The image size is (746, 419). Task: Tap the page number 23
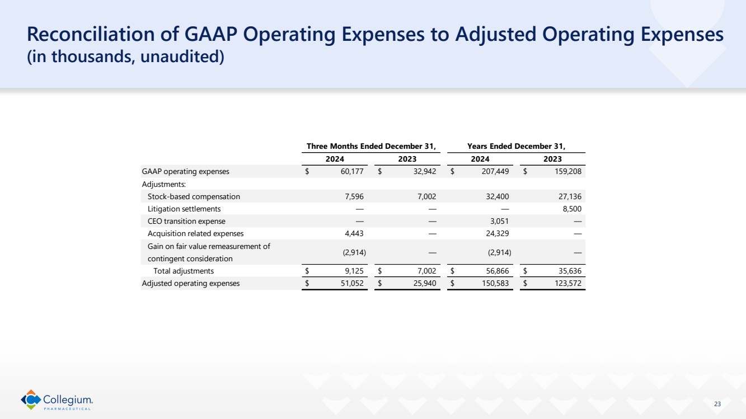point(717,404)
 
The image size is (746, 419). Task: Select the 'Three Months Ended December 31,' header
point(371,147)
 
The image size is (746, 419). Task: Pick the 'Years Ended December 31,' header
point(516,147)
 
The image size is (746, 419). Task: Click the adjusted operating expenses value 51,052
point(352,283)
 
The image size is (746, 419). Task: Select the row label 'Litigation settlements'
point(184,209)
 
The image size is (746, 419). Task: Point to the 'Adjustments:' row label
point(164,184)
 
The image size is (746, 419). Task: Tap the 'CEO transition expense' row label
point(186,221)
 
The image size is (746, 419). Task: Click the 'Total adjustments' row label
point(184,271)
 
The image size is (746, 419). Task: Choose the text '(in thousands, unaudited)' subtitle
point(126,58)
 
